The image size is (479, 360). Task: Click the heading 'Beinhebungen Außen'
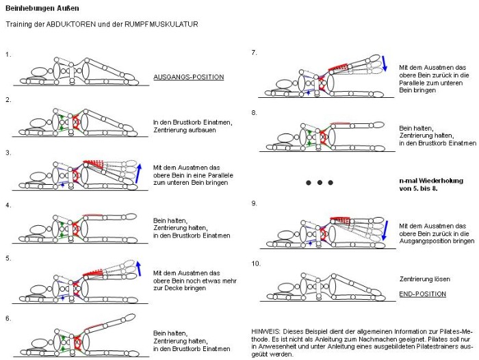coord(42,8)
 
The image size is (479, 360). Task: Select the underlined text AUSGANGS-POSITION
coord(188,77)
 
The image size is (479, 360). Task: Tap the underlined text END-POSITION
coord(422,294)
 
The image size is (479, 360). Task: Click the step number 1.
coord(8,53)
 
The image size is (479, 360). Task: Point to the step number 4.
coord(8,205)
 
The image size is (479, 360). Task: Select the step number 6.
coord(8,318)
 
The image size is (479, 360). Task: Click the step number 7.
coord(254,52)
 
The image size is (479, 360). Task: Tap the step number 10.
coord(256,263)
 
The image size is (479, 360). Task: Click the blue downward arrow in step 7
coord(385,64)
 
